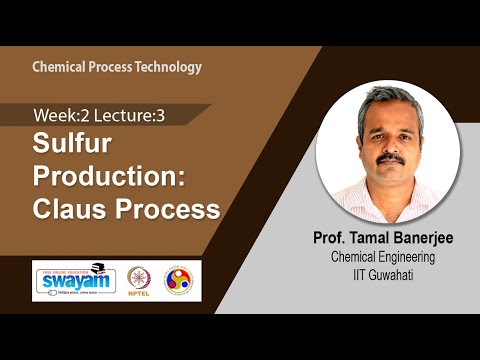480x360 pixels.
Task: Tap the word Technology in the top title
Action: (170, 67)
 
